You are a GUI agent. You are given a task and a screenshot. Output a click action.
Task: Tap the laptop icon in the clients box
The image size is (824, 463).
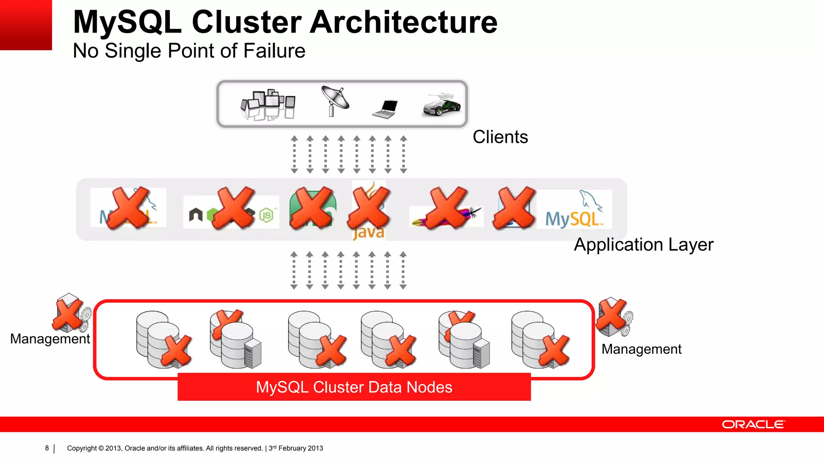[385, 109]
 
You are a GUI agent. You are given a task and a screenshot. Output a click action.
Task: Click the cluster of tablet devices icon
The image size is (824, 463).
[268, 104]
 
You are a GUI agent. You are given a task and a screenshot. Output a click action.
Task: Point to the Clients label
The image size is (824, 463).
[500, 137]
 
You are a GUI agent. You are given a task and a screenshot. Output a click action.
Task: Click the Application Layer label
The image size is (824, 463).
[643, 244]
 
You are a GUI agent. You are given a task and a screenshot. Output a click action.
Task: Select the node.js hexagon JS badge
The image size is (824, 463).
[266, 216]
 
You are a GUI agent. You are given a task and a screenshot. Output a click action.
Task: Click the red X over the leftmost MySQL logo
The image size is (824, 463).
[130, 208]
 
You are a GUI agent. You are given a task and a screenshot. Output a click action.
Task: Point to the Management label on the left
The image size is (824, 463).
[50, 339]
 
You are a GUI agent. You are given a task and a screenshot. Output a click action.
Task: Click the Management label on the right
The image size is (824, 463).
[641, 349]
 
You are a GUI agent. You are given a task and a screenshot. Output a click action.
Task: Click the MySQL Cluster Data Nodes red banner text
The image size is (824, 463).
[354, 387]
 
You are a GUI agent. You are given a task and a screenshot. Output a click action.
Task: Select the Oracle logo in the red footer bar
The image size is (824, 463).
[753, 424]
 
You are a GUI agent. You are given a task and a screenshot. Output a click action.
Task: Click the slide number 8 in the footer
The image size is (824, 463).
[47, 448]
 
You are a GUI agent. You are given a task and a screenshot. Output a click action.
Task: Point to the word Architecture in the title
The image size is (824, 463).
[404, 22]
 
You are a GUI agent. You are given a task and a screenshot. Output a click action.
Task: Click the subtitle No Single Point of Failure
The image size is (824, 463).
[189, 51]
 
